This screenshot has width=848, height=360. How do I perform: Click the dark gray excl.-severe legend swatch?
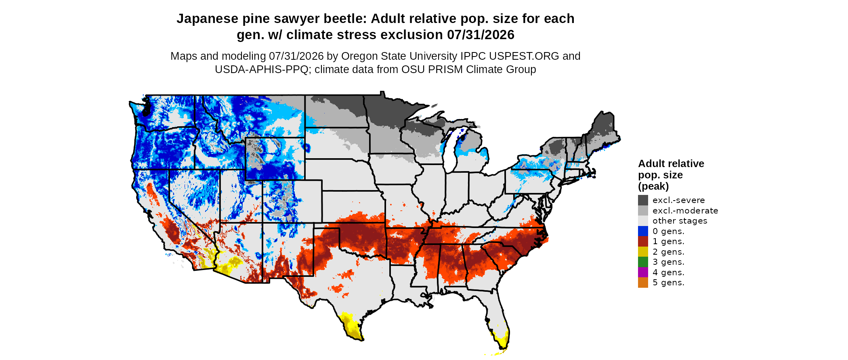(643, 200)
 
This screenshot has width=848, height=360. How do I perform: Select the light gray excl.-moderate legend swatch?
(643, 211)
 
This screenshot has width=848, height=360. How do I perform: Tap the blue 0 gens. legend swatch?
(643, 231)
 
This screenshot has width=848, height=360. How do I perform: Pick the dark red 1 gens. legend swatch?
(643, 241)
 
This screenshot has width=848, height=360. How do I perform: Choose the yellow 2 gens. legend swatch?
(643, 252)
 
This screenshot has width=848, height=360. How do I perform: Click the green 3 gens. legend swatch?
(643, 262)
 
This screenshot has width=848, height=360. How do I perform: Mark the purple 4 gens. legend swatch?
(643, 272)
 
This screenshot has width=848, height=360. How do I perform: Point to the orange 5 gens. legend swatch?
(643, 283)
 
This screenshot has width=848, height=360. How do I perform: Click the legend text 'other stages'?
(680, 221)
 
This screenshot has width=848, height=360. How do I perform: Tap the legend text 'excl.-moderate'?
(685, 211)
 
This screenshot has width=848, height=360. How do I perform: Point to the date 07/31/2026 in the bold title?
(481, 35)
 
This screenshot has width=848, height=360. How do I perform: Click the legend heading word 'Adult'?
(651, 163)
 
